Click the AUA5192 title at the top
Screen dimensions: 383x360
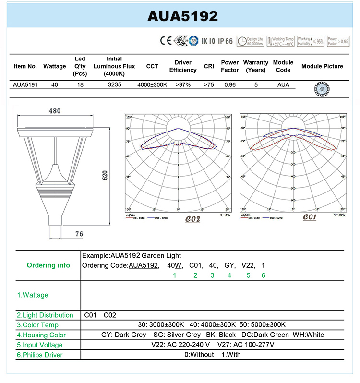(182, 16)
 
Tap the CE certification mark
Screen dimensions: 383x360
(165, 41)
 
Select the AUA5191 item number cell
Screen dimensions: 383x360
(25, 84)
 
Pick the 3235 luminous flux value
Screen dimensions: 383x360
(114, 84)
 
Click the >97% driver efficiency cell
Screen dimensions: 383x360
(182, 84)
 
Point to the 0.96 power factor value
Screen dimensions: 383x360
(229, 84)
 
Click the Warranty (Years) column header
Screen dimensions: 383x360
(255, 66)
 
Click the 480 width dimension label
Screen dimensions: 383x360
(55, 111)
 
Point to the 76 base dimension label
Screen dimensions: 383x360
(79, 234)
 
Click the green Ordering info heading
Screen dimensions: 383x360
(48, 265)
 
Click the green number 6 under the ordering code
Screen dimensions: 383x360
(263, 275)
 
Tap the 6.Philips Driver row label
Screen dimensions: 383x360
(40, 355)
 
